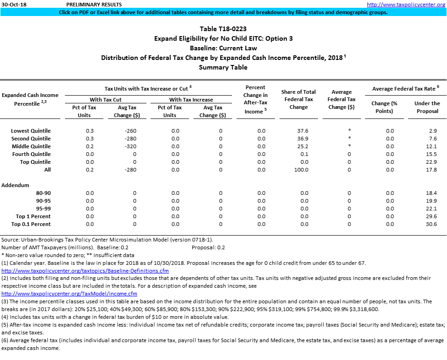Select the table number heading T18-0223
(223, 29)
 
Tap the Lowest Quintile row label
(31, 131)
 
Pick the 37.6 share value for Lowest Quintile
(302, 131)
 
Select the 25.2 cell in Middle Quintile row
(302, 146)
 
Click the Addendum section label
(16, 185)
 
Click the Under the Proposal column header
(427, 107)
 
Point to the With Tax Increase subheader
(191, 100)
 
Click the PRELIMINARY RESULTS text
(94, 4)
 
